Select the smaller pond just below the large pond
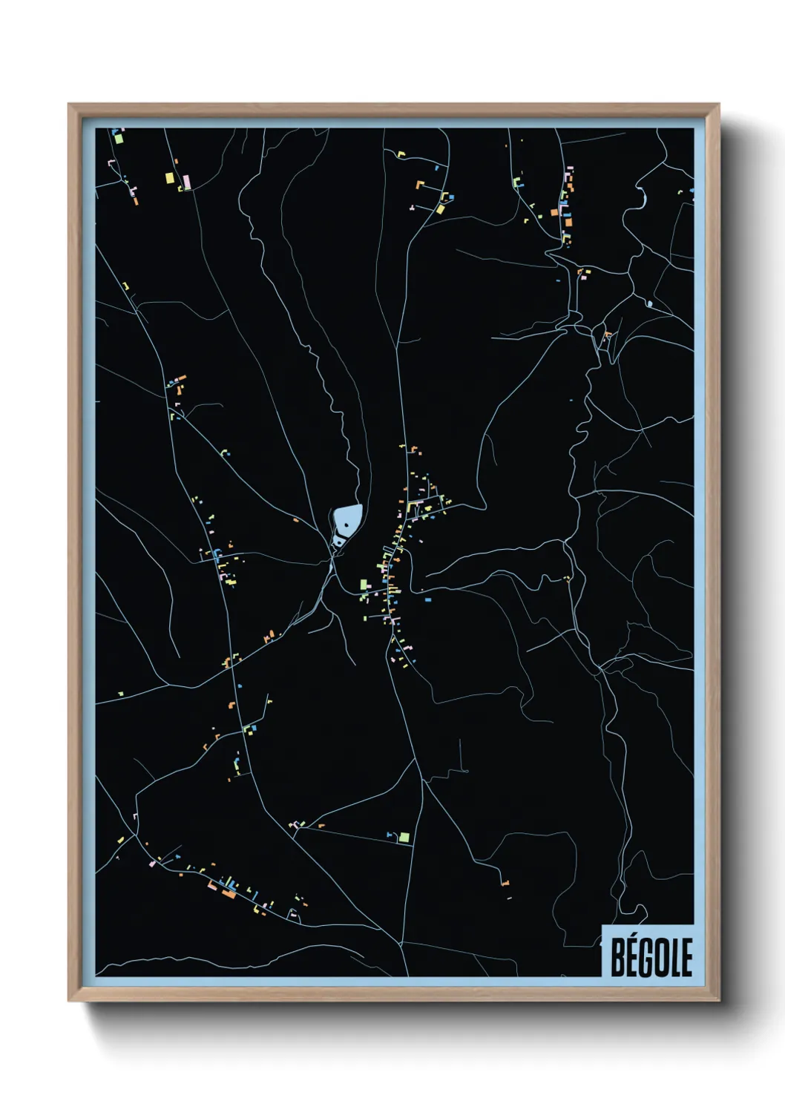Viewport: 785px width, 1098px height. [x=338, y=542]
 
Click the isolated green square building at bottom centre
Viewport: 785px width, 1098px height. [x=404, y=837]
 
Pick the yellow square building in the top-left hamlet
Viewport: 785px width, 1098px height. [x=169, y=178]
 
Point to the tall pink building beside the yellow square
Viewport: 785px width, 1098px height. [x=188, y=181]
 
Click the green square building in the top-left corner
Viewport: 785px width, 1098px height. [x=118, y=138]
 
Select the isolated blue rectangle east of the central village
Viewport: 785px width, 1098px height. [x=427, y=599]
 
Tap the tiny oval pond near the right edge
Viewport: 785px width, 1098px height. [x=649, y=303]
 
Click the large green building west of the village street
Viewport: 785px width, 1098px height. [x=364, y=585]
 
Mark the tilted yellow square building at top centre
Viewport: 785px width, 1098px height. [x=440, y=208]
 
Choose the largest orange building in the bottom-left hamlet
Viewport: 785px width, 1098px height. [x=229, y=893]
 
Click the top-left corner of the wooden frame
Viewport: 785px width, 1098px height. [x=69, y=105]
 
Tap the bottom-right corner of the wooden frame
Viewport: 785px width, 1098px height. [x=718, y=1001]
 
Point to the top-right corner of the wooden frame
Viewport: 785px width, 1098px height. [x=718, y=105]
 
